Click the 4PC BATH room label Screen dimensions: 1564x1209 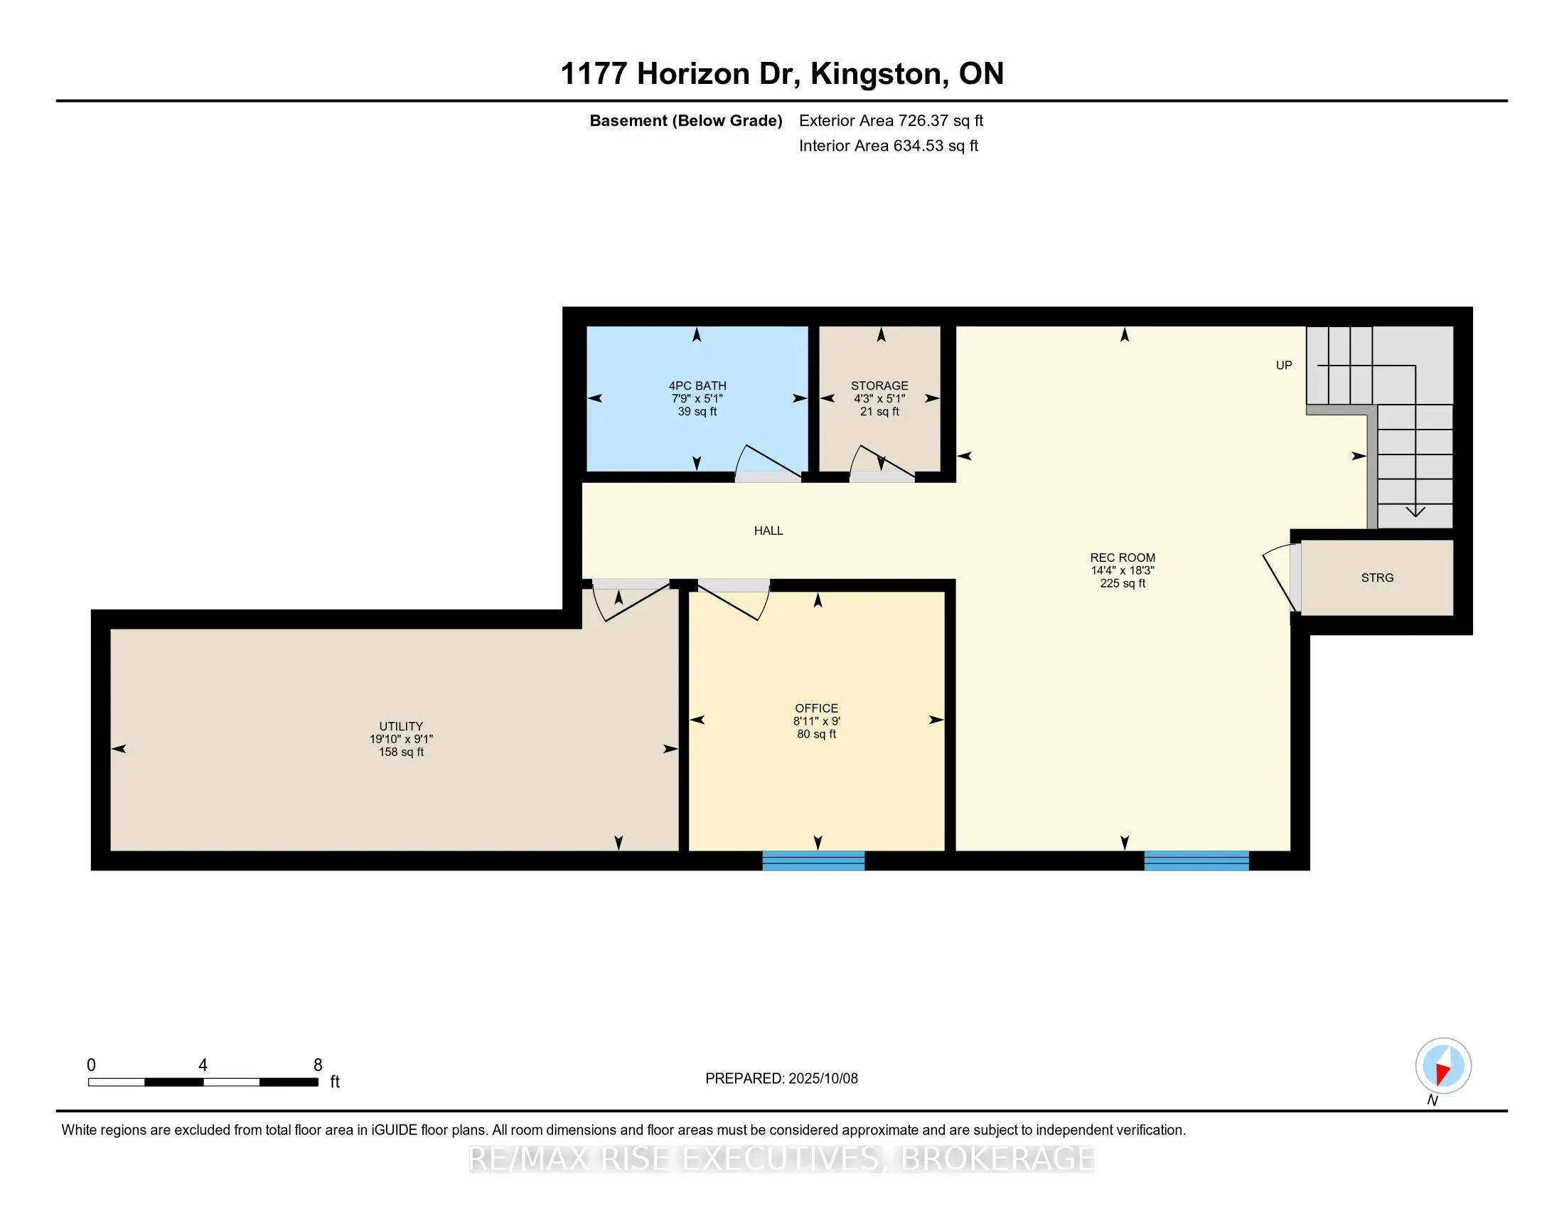[697, 385]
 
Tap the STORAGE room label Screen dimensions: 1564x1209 [879, 385]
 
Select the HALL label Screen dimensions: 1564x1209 [768, 531]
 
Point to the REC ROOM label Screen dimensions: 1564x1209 [1122, 558]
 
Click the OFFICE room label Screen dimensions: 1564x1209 [816, 708]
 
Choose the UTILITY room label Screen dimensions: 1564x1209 [401, 725]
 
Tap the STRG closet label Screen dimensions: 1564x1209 [1377, 577]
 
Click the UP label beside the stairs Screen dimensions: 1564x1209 [1284, 366]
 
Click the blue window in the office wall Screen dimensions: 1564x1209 [813, 861]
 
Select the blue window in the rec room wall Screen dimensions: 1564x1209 [1196, 861]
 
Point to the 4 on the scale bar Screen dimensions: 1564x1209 [203, 1065]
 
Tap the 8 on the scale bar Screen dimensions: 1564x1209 [318, 1065]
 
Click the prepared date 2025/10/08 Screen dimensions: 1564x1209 [823, 1078]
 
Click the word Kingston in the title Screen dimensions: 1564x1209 [875, 74]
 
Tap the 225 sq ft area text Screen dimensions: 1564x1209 [1122, 583]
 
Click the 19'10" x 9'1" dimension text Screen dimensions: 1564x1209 [401, 738]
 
